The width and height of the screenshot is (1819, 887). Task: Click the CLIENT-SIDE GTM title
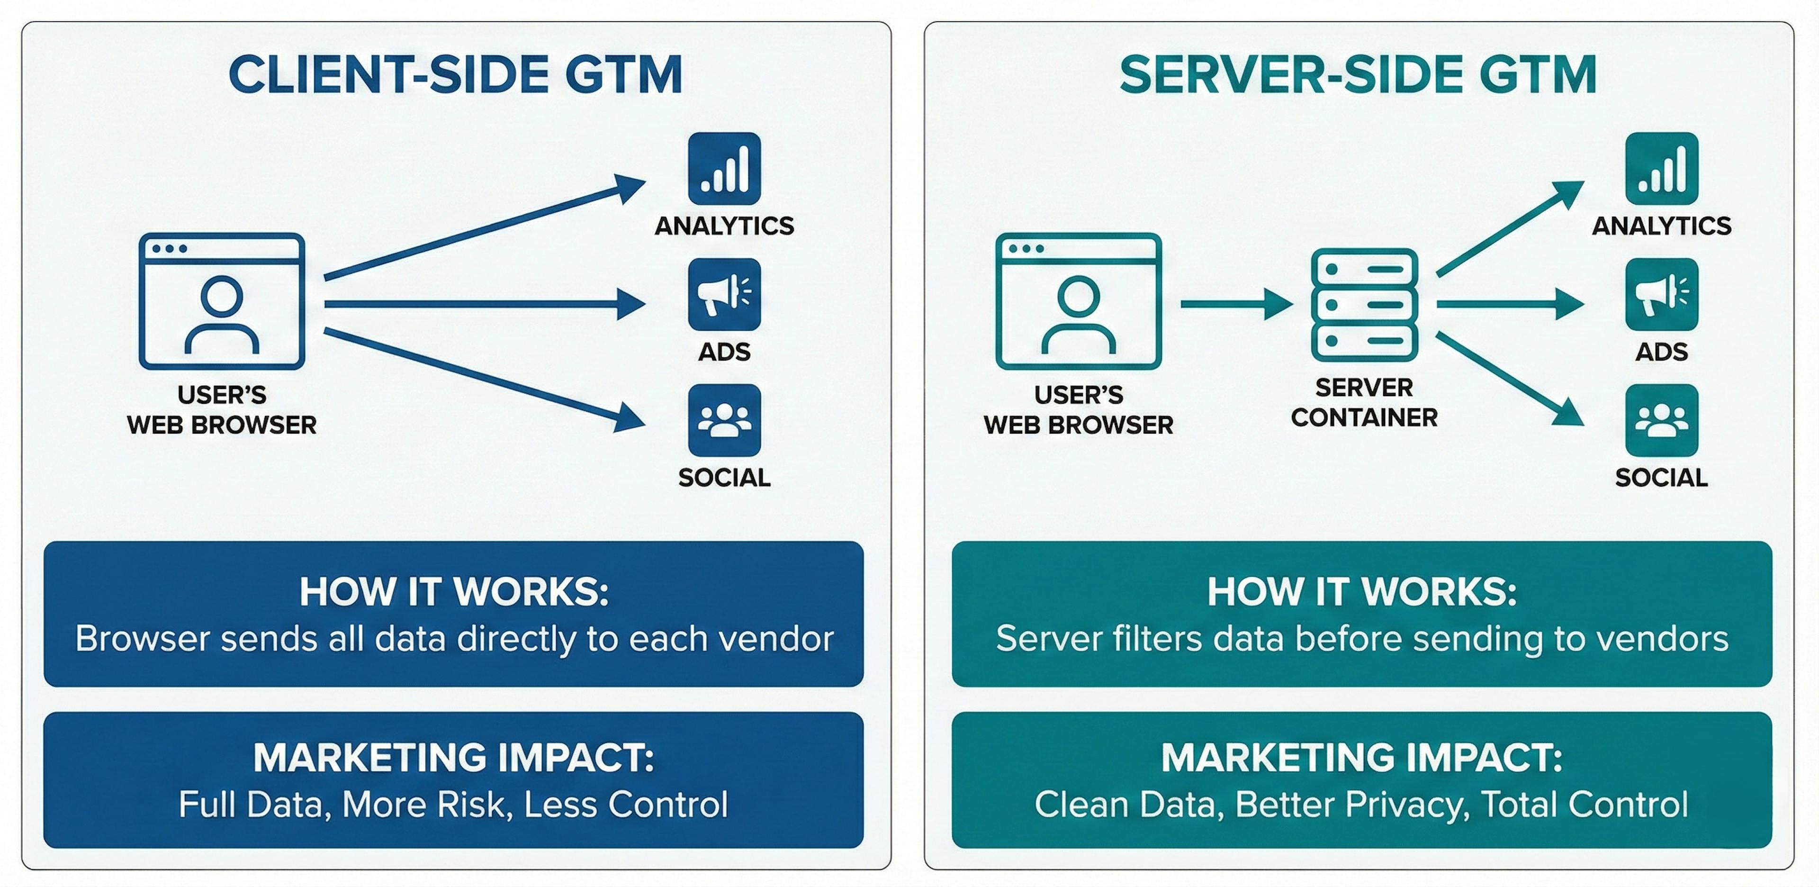[455, 75]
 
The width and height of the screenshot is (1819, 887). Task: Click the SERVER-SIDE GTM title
[1358, 75]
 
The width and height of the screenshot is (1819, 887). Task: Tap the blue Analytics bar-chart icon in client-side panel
[724, 168]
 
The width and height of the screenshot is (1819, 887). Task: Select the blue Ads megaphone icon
[724, 294]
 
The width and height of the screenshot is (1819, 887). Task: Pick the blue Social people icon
[724, 420]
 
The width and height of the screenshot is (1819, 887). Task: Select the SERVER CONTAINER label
[1364, 403]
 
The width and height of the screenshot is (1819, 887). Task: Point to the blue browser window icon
[222, 301]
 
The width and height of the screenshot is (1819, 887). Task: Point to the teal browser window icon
[1078, 301]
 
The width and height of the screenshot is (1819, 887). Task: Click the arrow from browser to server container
[1236, 304]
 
